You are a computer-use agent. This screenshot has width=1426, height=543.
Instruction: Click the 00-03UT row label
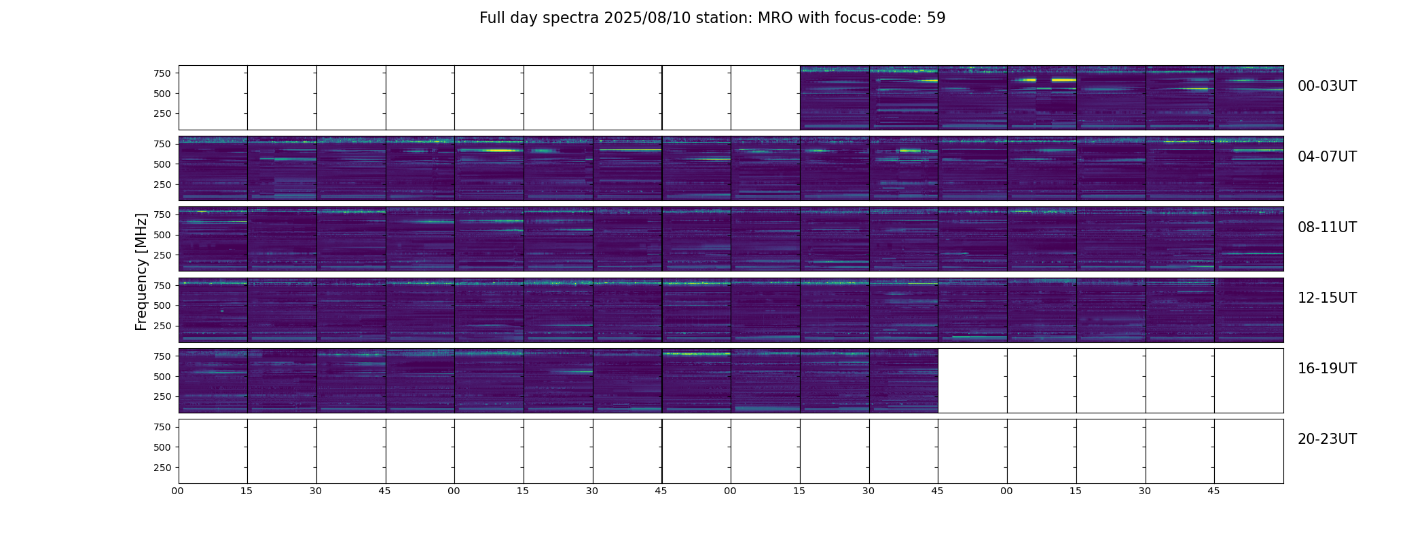coord(1327,86)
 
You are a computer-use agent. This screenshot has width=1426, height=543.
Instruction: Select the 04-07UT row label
coord(1327,157)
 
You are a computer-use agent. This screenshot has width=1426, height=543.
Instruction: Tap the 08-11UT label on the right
coord(1327,227)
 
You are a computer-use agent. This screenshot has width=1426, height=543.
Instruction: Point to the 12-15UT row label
coord(1327,298)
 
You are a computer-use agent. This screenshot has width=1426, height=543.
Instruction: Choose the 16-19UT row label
coord(1327,369)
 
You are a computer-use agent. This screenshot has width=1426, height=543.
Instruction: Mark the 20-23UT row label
coord(1327,439)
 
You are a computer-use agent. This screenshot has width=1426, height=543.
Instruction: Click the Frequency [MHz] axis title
coord(141,271)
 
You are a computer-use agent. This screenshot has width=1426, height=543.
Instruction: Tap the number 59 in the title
coord(936,18)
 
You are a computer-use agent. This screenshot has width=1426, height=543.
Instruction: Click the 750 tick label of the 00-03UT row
coord(162,73)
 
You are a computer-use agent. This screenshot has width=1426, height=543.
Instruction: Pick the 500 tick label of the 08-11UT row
coord(162,235)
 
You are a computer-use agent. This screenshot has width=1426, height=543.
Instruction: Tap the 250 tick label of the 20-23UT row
coord(162,468)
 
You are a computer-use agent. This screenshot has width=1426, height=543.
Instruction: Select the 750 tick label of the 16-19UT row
coord(162,356)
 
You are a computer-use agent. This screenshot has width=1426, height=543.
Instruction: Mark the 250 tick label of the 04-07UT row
coord(162,185)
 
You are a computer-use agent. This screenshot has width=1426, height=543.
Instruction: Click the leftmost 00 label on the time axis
coord(177,491)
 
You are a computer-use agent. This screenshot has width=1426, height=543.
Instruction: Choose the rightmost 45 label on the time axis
coord(1213,491)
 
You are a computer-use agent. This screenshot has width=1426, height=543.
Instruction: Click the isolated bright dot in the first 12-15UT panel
coord(222,311)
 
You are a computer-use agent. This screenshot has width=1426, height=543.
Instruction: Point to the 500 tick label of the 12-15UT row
coord(162,305)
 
